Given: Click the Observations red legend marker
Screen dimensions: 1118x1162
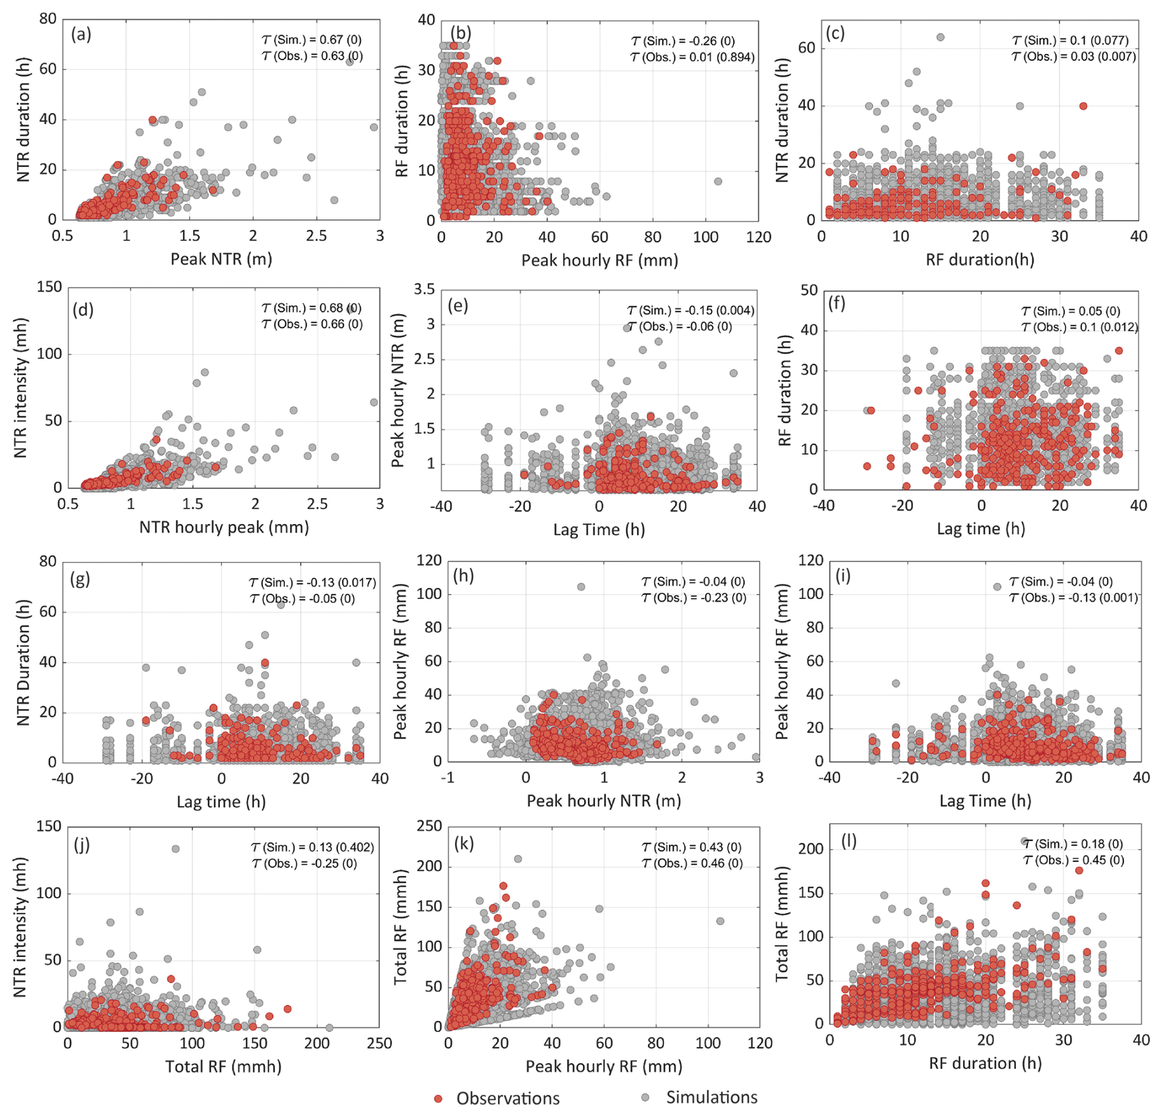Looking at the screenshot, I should click(x=438, y=1098).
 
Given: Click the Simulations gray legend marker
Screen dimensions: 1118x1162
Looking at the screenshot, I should click(x=645, y=1097).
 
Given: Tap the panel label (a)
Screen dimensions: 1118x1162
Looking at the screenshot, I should click(x=81, y=34).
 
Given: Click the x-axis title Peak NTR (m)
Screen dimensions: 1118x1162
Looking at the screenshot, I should click(x=221, y=259).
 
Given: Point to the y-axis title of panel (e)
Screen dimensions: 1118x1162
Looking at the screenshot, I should click(x=397, y=390).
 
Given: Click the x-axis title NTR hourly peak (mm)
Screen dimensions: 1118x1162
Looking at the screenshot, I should click(x=224, y=527).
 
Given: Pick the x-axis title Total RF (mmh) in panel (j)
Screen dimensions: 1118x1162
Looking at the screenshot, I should click(x=224, y=1066).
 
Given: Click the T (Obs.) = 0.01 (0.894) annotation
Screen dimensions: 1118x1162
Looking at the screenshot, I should click(x=692, y=57).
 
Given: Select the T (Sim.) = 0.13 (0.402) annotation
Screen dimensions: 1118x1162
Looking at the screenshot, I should click(x=313, y=847).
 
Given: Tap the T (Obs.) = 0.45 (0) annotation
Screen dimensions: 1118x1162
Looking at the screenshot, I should click(x=1074, y=860).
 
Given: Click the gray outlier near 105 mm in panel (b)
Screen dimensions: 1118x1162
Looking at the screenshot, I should click(x=718, y=181).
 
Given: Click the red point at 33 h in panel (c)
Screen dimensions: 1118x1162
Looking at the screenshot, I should click(x=1083, y=106).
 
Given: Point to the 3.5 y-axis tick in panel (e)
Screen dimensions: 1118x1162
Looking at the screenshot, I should click(x=424, y=289).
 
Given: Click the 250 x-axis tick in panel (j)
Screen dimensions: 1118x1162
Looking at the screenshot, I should click(x=380, y=1043).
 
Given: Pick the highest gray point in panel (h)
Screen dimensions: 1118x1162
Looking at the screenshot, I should click(x=581, y=587).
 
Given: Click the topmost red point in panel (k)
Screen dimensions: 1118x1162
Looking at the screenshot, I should click(x=503, y=886).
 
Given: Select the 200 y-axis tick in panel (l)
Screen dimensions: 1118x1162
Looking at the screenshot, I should click(x=812, y=849).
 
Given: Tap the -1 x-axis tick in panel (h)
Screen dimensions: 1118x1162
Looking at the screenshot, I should click(x=448, y=777).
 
